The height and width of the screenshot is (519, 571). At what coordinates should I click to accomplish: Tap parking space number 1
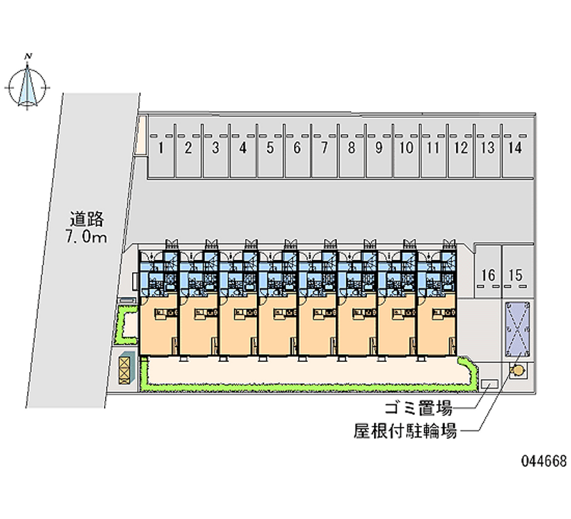(162, 148)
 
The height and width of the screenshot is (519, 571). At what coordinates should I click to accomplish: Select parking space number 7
(324, 148)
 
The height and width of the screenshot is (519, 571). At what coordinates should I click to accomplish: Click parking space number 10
(406, 148)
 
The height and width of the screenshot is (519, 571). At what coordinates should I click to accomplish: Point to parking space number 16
(488, 275)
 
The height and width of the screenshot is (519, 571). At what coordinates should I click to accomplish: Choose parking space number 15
(516, 275)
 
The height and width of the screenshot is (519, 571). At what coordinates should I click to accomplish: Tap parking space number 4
(243, 148)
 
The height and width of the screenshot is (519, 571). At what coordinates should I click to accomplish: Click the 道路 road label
(88, 219)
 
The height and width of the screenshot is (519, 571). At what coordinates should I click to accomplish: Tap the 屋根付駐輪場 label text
(405, 431)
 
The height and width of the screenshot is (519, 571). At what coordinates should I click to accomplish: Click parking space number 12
(461, 148)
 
